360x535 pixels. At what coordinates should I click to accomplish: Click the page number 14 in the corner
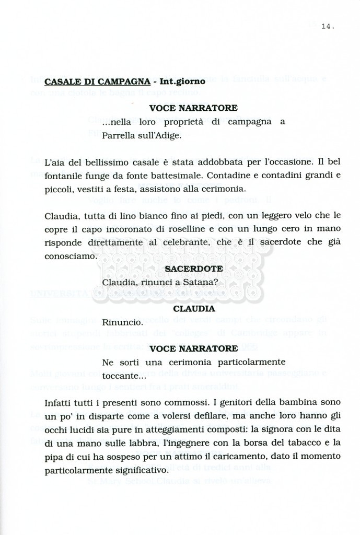click(x=329, y=26)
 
